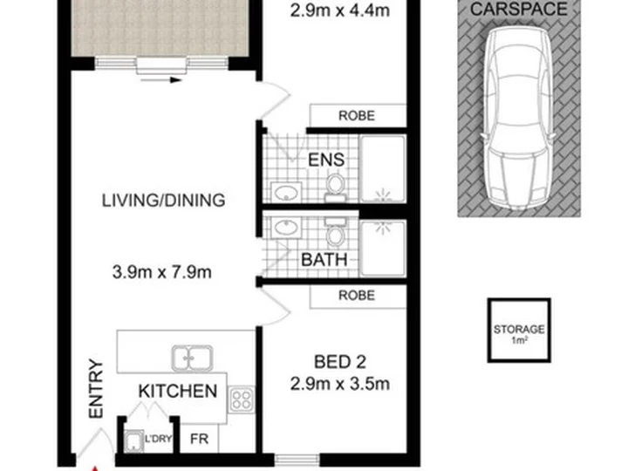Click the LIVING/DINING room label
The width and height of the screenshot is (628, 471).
click(x=163, y=201)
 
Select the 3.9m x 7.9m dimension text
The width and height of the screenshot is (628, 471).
click(x=162, y=272)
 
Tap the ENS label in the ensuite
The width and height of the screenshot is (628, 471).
click(x=326, y=160)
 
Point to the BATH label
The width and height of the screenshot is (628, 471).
click(x=324, y=260)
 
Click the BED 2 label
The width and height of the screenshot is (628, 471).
click(x=339, y=362)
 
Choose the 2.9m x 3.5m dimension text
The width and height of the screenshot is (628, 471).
click(x=339, y=384)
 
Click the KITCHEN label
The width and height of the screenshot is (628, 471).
click(x=178, y=391)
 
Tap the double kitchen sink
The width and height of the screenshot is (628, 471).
click(x=192, y=358)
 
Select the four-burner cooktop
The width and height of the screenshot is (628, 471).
click(x=241, y=399)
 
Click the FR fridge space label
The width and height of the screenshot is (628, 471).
click(x=199, y=439)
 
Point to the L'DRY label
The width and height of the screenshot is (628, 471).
click(x=158, y=439)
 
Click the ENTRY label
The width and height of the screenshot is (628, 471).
click(x=96, y=388)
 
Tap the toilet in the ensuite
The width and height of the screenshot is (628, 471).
click(x=335, y=188)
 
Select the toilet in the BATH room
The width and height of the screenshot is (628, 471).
click(x=336, y=231)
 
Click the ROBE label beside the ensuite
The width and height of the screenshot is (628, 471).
click(x=357, y=116)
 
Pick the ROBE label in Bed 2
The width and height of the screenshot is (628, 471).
click(x=357, y=296)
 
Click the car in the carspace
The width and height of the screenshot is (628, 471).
click(x=517, y=119)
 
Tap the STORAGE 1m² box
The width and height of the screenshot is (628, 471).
click(x=519, y=331)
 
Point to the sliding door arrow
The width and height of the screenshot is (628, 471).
click(x=161, y=80)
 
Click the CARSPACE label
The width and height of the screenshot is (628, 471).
click(x=519, y=10)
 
